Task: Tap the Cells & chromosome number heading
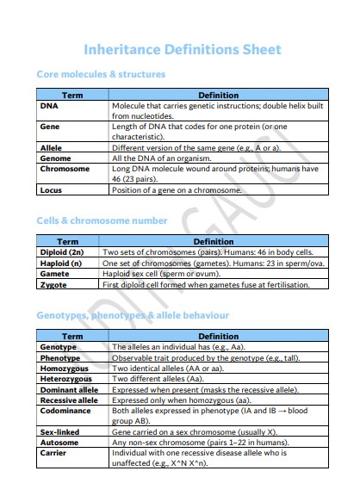102,221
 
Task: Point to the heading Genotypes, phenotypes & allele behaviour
132,316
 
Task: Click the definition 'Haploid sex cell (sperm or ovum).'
168,274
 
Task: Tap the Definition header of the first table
218,95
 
